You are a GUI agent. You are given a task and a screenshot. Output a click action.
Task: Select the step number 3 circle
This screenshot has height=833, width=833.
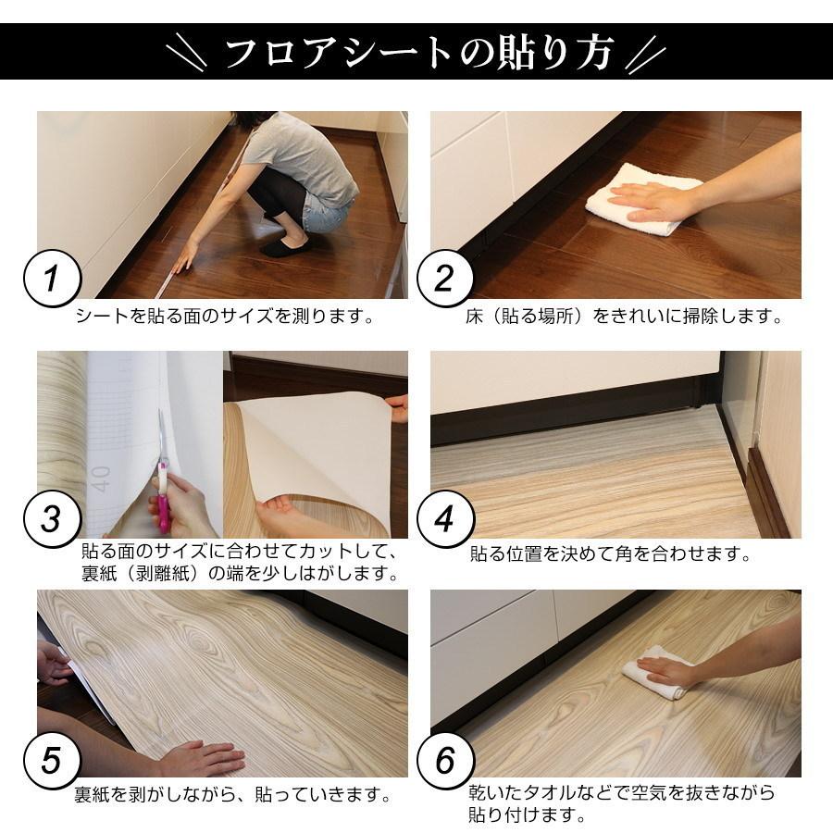pos(54,519)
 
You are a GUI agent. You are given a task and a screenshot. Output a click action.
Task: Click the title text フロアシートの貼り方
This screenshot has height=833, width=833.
pos(416,52)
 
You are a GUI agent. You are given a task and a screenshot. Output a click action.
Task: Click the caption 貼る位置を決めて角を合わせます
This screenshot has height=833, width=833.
pos(608,555)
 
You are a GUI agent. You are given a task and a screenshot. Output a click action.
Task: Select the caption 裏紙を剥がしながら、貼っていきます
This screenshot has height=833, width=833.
pos(230,794)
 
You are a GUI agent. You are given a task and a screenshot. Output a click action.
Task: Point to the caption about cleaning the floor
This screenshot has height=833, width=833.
pos(623,317)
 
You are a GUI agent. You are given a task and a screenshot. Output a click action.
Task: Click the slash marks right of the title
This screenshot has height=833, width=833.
pos(645,53)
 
